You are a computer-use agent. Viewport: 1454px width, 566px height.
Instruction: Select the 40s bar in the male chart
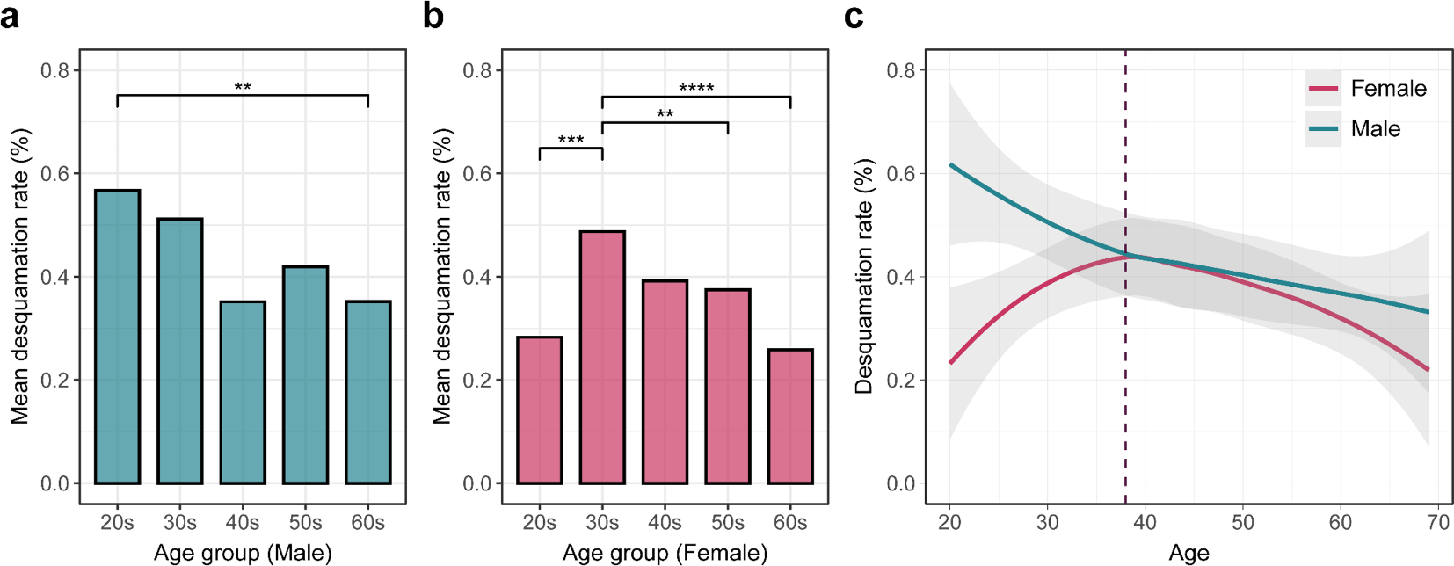coord(243,393)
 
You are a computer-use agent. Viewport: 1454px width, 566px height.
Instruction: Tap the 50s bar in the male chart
coord(305,375)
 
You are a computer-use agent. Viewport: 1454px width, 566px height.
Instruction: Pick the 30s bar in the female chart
coord(602,358)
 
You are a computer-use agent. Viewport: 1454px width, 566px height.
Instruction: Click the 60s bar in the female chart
coord(790,417)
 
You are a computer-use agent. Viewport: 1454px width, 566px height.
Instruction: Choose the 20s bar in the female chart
coord(540,410)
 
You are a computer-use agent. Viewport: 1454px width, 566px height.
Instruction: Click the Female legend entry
coord(1367,89)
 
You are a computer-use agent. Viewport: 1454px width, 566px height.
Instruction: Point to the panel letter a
coord(10,16)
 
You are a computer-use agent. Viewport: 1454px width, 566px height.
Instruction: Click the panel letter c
coord(853,16)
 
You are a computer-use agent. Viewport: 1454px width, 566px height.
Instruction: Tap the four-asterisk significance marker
coord(696,88)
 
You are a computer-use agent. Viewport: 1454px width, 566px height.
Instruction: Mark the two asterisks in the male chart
coord(243,87)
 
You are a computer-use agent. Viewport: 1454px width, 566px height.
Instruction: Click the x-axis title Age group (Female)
coord(665,553)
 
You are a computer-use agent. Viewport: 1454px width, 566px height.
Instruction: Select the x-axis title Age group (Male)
coord(243,553)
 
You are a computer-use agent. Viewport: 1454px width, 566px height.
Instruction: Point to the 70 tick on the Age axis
coord(1438,523)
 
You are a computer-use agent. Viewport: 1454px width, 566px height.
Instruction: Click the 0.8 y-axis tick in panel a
coord(55,70)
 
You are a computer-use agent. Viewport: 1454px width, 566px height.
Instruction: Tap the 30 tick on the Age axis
coord(1047,523)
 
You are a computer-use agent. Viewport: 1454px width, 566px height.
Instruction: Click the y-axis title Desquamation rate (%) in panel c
coord(865,277)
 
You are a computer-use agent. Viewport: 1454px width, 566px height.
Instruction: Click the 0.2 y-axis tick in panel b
coord(477,381)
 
